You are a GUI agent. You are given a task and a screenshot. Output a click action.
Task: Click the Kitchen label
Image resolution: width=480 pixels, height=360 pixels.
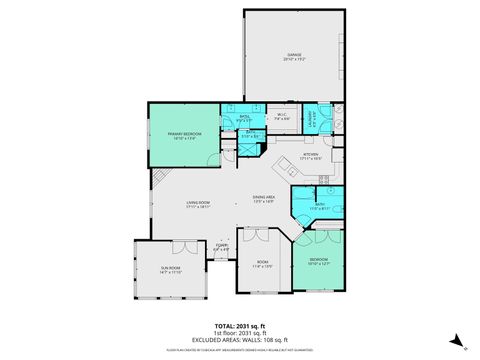click(x=310, y=156)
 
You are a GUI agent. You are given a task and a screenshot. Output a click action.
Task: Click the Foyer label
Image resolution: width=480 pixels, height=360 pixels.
click(x=221, y=250)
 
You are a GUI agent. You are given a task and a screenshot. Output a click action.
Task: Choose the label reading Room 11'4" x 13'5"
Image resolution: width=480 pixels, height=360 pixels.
click(x=262, y=266)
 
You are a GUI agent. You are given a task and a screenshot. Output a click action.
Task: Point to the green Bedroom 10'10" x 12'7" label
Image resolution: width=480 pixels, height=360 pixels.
click(x=317, y=264)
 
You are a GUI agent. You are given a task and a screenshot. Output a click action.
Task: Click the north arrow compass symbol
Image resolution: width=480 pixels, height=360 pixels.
click(x=453, y=340)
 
